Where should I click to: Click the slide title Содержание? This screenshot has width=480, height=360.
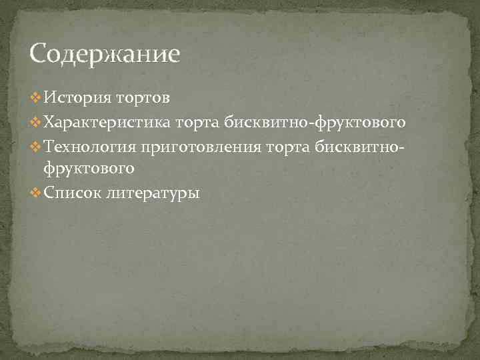(105, 54)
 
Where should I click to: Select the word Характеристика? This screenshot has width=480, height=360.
(107, 123)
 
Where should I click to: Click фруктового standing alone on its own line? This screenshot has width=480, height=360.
(89, 169)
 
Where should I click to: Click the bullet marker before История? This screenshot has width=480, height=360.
(35, 99)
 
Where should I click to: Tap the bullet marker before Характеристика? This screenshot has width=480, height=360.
(35, 123)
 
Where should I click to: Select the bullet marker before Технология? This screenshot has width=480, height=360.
(35, 147)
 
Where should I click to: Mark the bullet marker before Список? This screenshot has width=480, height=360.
(35, 193)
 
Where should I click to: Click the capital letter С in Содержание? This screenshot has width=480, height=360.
(39, 54)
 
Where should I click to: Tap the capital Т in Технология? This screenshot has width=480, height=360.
(49, 147)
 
